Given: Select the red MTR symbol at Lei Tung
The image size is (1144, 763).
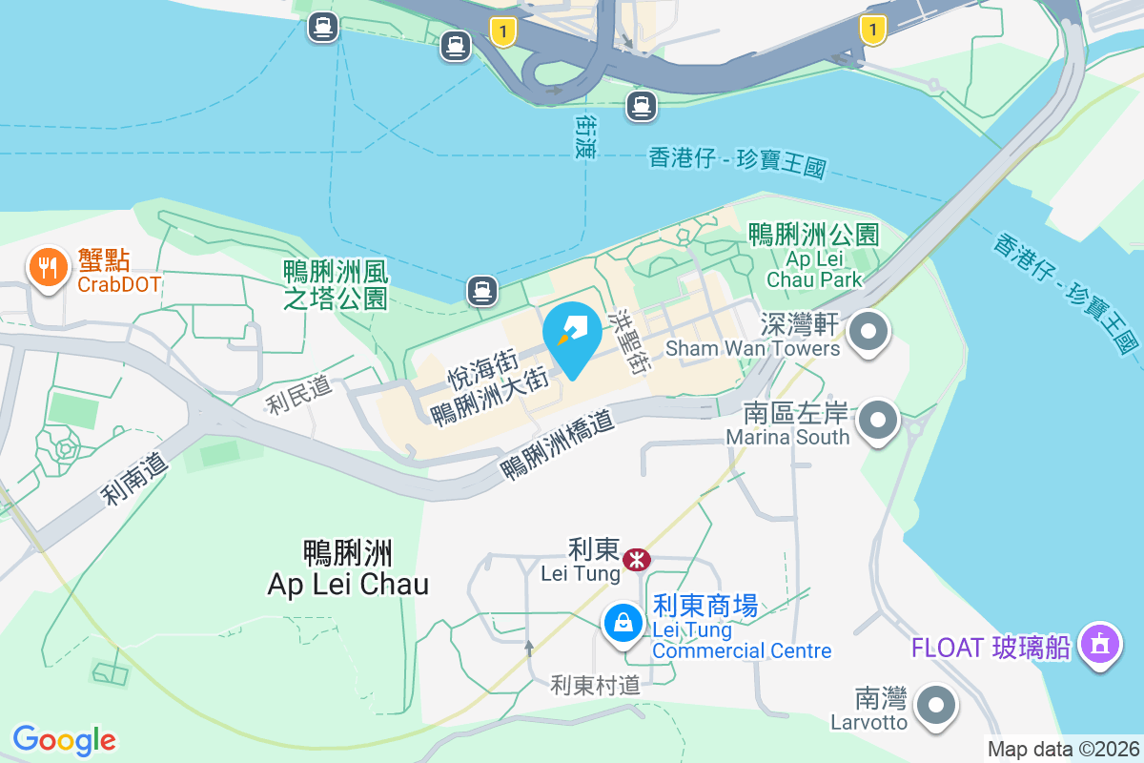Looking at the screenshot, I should [636, 559].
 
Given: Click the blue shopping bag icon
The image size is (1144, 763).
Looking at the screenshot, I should [623, 625].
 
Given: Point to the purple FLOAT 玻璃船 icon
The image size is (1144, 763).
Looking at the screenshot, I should [1101, 646].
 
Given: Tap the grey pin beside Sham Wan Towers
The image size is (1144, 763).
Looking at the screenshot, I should [868, 335].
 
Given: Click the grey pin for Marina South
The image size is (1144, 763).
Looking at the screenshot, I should [878, 421].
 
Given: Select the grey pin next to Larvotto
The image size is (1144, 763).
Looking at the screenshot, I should [935, 707].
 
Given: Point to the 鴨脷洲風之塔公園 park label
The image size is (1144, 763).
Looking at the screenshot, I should [337, 284].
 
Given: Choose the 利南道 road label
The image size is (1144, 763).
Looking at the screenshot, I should [135, 479].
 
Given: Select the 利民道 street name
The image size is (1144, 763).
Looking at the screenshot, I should [299, 395].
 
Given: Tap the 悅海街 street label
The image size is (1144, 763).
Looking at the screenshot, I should [482, 371].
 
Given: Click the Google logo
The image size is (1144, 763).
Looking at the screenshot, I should [64, 739].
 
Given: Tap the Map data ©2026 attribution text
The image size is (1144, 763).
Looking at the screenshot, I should [1062, 749].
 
